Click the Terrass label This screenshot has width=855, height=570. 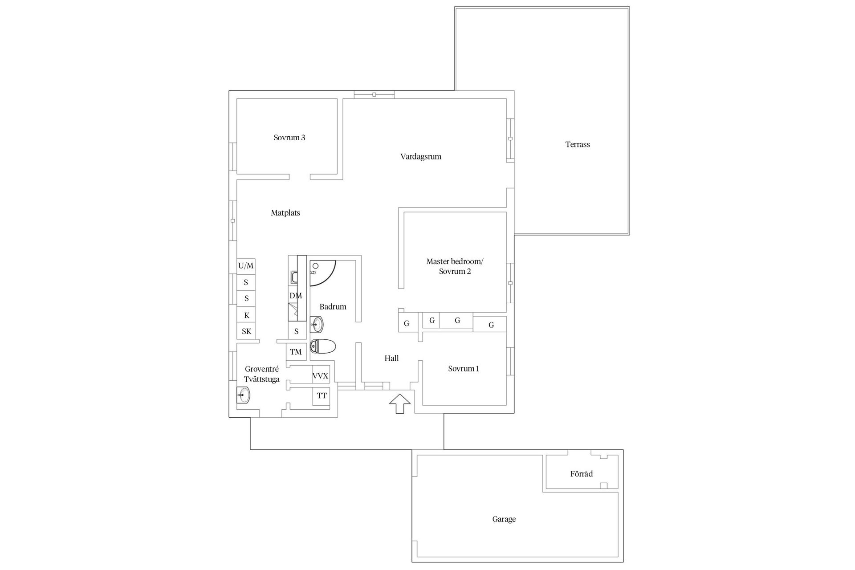point(578,144)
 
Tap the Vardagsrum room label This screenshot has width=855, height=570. point(420,157)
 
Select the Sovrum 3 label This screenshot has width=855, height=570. point(289,138)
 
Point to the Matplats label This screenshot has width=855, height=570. point(285,213)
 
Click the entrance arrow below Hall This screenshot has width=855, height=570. point(399,403)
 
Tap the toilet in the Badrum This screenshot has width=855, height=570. point(323,346)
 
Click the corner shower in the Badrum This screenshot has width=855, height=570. point(322,272)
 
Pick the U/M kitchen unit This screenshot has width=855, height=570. point(246,266)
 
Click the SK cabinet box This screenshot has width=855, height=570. point(246,331)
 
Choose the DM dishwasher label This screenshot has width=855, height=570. point(296,296)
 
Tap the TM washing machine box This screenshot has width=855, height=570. point(296,352)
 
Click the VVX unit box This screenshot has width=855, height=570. point(321,376)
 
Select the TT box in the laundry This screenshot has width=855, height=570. point(322,396)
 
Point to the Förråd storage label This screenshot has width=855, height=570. point(582,474)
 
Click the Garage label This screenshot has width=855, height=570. point(504,519)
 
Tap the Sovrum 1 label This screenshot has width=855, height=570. point(464,369)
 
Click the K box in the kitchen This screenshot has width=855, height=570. point(246,315)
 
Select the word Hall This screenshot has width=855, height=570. point(391,358)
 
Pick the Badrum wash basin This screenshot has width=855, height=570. point(317,324)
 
